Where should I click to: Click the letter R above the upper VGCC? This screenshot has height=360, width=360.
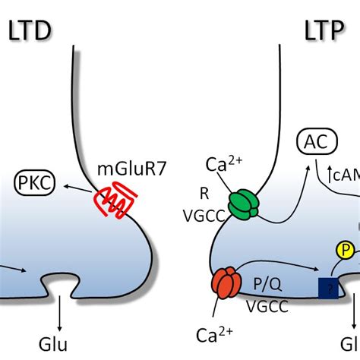click(x=202, y=194)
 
